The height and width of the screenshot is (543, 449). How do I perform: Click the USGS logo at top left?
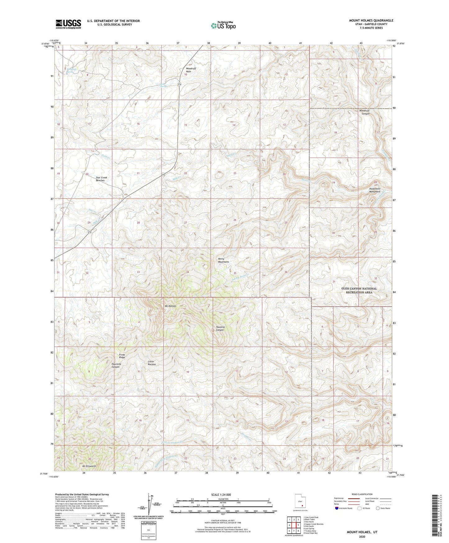[68, 24]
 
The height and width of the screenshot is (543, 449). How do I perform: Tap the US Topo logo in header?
[223, 26]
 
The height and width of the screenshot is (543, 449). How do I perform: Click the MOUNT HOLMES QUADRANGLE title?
[371, 21]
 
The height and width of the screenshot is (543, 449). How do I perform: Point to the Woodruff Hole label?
[191, 70]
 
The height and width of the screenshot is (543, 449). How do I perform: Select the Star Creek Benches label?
[100, 179]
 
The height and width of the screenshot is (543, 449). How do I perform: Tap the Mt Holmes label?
[170, 306]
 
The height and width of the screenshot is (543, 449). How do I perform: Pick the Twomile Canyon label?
[220, 328]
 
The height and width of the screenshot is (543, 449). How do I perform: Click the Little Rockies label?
[152, 363]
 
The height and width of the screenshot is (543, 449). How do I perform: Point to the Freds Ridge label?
[122, 356]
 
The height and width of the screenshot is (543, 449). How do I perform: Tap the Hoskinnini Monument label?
[374, 190]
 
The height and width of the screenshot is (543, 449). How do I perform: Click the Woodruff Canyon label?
[365, 112]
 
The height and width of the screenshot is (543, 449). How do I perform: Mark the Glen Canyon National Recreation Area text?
[359, 290]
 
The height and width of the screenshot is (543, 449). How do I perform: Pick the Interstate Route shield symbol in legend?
[337, 508]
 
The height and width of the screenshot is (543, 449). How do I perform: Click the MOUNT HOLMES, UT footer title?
[362, 532]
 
